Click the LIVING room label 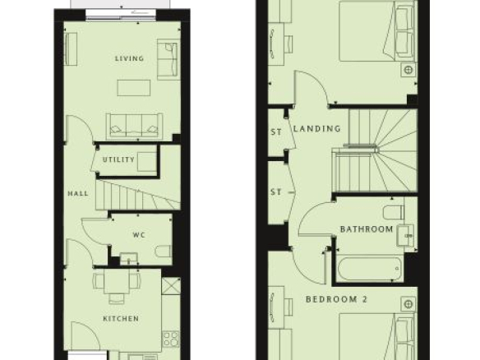[x=129, y=58]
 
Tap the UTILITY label [x=118, y=159]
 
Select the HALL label [x=78, y=193]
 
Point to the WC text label [x=139, y=235]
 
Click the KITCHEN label [x=121, y=319]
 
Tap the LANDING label [x=316, y=128]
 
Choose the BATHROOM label [x=367, y=229]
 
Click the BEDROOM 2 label [x=336, y=299]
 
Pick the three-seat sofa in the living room [x=135, y=127]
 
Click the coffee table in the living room [x=134, y=88]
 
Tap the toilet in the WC [x=164, y=252]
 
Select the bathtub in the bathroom [x=370, y=269]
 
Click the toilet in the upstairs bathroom [x=394, y=212]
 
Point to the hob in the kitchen [x=171, y=339]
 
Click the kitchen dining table [x=117, y=281]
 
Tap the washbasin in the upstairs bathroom [x=406, y=235]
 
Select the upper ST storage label [x=276, y=132]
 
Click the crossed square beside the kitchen [x=171, y=286]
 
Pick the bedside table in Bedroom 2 [x=408, y=304]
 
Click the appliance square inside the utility [x=147, y=162]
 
